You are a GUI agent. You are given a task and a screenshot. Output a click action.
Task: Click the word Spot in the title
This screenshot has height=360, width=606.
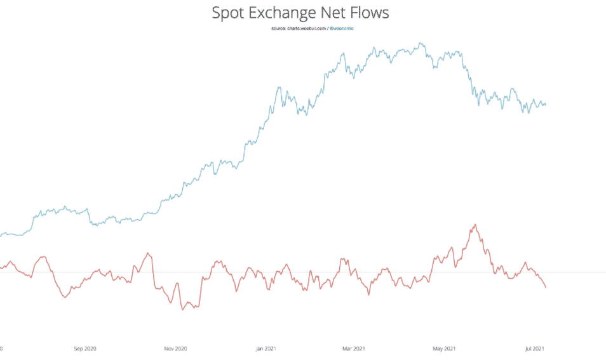coord(231,13)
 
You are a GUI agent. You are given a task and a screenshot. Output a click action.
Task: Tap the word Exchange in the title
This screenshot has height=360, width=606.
coord(288,13)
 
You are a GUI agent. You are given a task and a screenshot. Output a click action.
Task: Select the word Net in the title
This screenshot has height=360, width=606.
coord(344,13)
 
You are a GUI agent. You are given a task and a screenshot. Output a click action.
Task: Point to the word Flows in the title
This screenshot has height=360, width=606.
coord(376,13)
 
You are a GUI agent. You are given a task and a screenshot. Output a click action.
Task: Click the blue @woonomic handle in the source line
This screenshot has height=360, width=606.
coord(342,29)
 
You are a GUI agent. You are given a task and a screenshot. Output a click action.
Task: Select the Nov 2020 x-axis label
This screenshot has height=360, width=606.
coord(175,348)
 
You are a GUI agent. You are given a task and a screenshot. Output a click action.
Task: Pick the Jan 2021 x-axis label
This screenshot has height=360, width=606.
coord(266,348)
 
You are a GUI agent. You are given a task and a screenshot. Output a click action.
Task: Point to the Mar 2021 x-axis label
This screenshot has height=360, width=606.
coord(354,348)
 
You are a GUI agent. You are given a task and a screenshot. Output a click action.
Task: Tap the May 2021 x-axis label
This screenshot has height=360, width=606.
coord(444,348)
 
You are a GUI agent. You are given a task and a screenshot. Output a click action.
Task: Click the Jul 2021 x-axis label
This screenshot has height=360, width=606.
coord(534,348)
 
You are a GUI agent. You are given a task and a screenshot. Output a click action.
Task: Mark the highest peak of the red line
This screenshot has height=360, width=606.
coord(475,224)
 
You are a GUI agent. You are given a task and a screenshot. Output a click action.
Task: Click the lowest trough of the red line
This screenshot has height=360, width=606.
coord(183,309)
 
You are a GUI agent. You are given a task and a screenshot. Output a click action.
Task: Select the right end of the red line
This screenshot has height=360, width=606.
coord(546,288)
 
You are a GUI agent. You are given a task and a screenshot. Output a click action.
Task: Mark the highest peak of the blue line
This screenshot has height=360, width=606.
coord(421,43)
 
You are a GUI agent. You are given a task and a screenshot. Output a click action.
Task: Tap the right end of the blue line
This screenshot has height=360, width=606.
coord(546,105)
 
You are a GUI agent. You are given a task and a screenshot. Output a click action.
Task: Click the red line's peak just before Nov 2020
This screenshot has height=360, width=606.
coord(148,253)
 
